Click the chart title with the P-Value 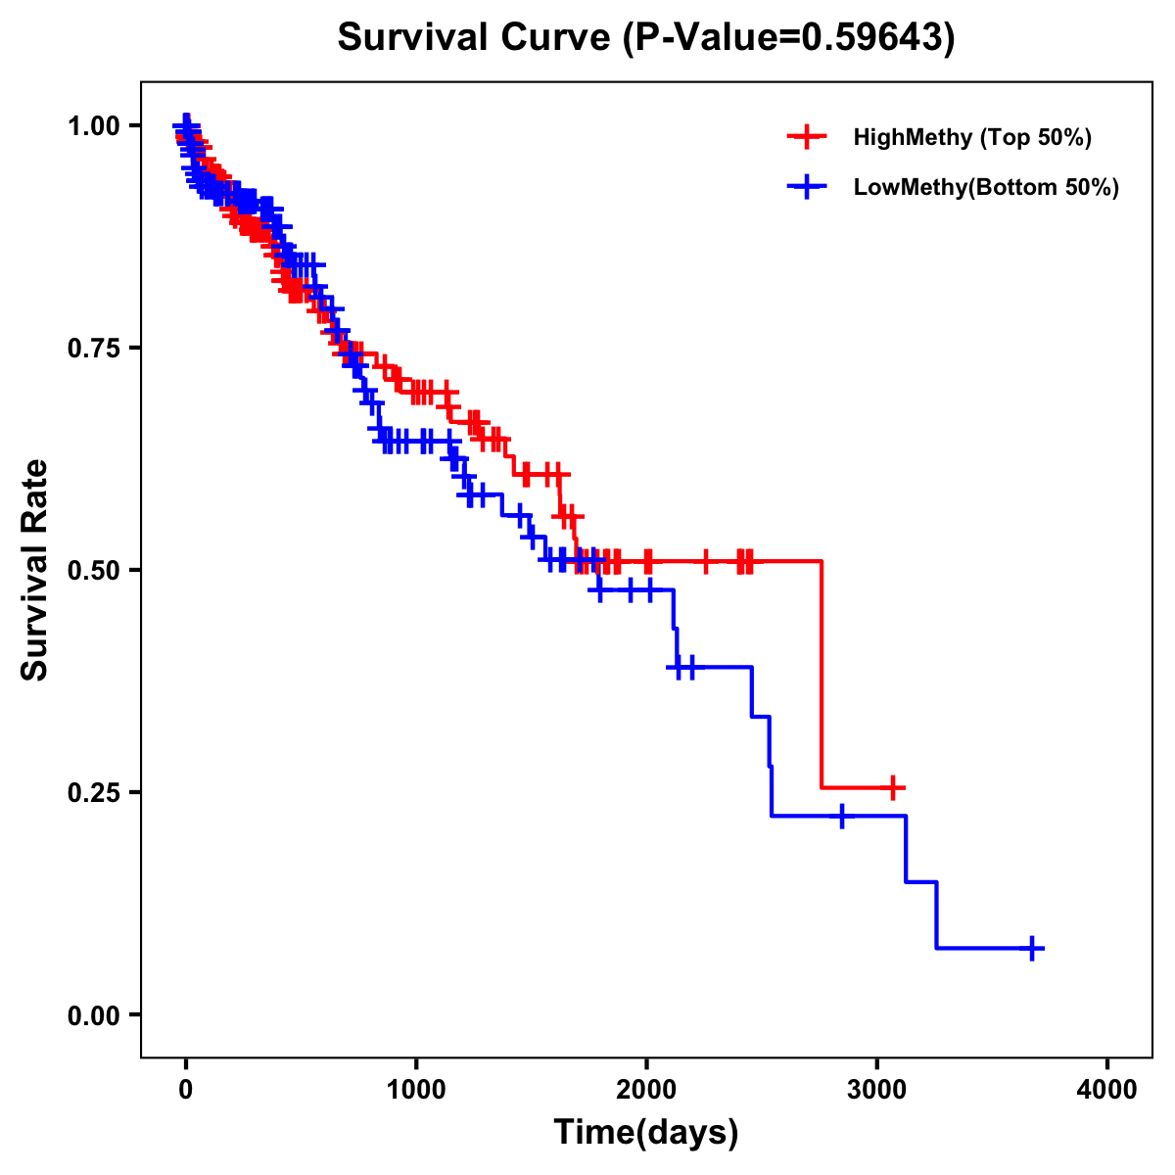645,37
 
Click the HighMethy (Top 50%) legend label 971,137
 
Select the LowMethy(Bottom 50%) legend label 985,187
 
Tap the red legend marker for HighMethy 807,137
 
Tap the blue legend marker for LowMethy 807,187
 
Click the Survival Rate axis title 36,569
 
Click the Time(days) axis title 646,1133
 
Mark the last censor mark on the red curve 891,787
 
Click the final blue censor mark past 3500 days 1032,948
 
